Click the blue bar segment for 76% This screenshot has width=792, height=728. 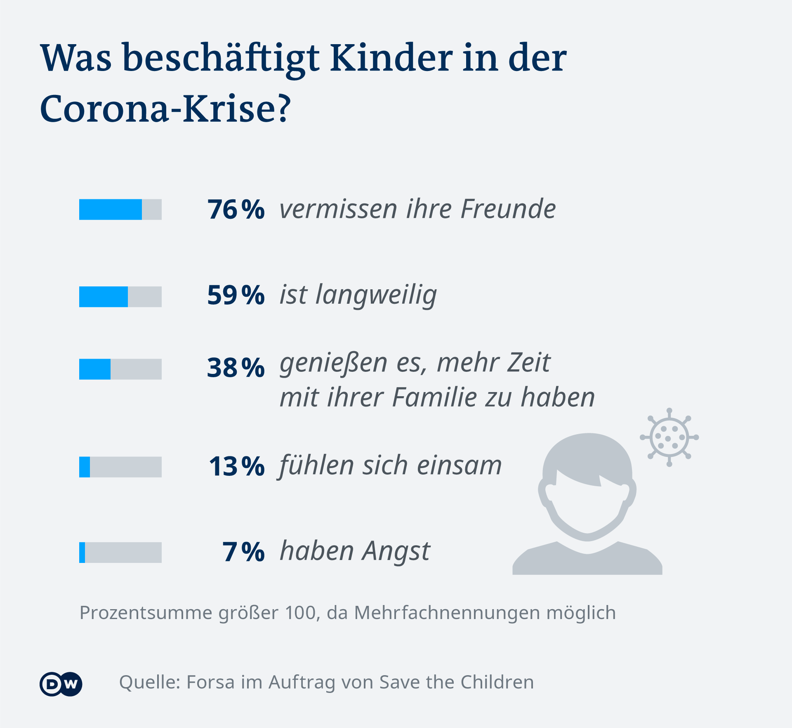[110, 209]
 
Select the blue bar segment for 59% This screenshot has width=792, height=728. [103, 296]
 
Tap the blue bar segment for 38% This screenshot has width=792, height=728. [94, 369]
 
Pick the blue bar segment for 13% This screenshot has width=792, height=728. [85, 467]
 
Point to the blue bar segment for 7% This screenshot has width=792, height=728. [82, 552]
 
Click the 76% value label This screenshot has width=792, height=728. [236, 209]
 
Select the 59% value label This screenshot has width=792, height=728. [236, 295]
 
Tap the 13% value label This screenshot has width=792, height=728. [236, 466]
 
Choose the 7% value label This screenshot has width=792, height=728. [243, 552]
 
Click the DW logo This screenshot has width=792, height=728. [61, 684]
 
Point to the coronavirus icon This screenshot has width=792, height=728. [669, 437]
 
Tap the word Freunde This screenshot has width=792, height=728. [508, 209]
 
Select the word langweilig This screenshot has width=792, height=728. [376, 295]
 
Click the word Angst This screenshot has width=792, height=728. [396, 552]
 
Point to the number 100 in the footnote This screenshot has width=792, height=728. [301, 612]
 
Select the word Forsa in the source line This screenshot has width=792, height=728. [210, 682]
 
